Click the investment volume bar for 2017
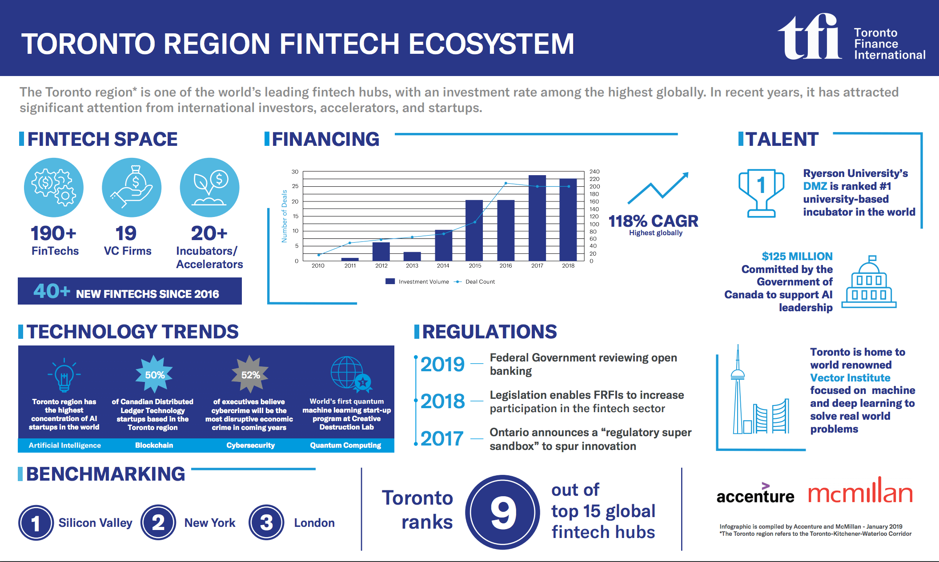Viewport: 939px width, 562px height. [x=537, y=218]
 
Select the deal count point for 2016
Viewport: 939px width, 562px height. [x=506, y=183]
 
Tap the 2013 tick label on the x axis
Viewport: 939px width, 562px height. [x=412, y=266]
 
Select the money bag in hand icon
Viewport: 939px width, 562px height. [x=132, y=188]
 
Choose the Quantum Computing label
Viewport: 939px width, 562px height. [x=345, y=446]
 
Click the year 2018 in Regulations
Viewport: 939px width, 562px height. [x=442, y=401]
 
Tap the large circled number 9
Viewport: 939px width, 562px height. [x=502, y=512]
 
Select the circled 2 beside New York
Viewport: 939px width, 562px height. [x=158, y=522]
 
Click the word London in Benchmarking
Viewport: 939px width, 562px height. [x=314, y=523]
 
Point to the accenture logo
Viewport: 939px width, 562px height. [x=755, y=494]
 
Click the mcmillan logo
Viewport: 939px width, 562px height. [x=860, y=491]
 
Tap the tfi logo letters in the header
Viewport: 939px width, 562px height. [x=809, y=36]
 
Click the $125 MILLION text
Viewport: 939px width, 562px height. [x=797, y=257]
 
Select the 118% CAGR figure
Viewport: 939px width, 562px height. [x=653, y=221]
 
